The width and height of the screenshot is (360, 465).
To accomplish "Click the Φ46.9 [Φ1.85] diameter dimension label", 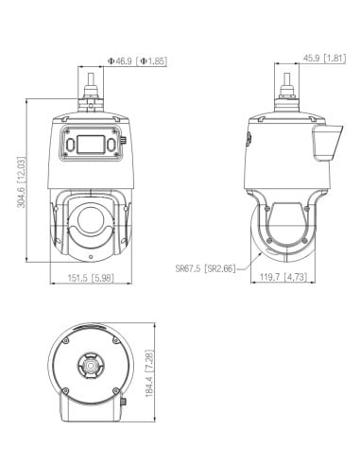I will click(138, 60).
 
